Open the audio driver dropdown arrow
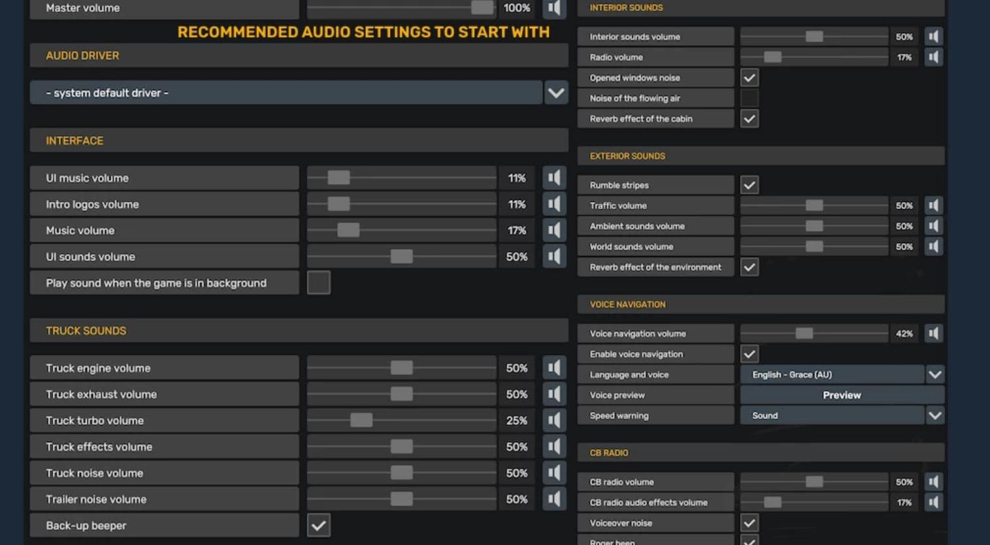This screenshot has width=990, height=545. tap(556, 93)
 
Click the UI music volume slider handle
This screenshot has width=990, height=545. tap(338, 178)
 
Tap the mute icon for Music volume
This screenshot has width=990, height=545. tap(554, 230)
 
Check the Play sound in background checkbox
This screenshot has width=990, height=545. tap(318, 282)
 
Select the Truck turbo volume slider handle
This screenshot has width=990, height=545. tap(361, 420)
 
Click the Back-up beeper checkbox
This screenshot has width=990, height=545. tap(318, 525)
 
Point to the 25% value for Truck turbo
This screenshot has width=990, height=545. tap(517, 420)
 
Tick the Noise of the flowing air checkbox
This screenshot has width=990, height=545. tap(749, 98)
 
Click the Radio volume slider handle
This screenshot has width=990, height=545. tap(772, 57)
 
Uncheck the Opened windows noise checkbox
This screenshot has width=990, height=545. tap(749, 78)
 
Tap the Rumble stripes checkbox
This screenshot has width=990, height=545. tap(749, 185)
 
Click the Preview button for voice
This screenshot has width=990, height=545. tap(842, 395)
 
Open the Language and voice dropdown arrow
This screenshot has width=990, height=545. tap(934, 374)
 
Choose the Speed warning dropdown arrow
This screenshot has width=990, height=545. tap(934, 416)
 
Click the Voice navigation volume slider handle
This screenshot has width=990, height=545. tap(804, 333)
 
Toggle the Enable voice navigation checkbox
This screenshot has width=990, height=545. tap(749, 354)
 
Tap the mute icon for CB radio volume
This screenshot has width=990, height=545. tap(933, 482)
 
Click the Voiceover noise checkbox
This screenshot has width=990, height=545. tap(749, 523)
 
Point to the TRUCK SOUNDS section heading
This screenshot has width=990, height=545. tap(86, 331)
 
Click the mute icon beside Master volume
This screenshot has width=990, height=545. tap(554, 8)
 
